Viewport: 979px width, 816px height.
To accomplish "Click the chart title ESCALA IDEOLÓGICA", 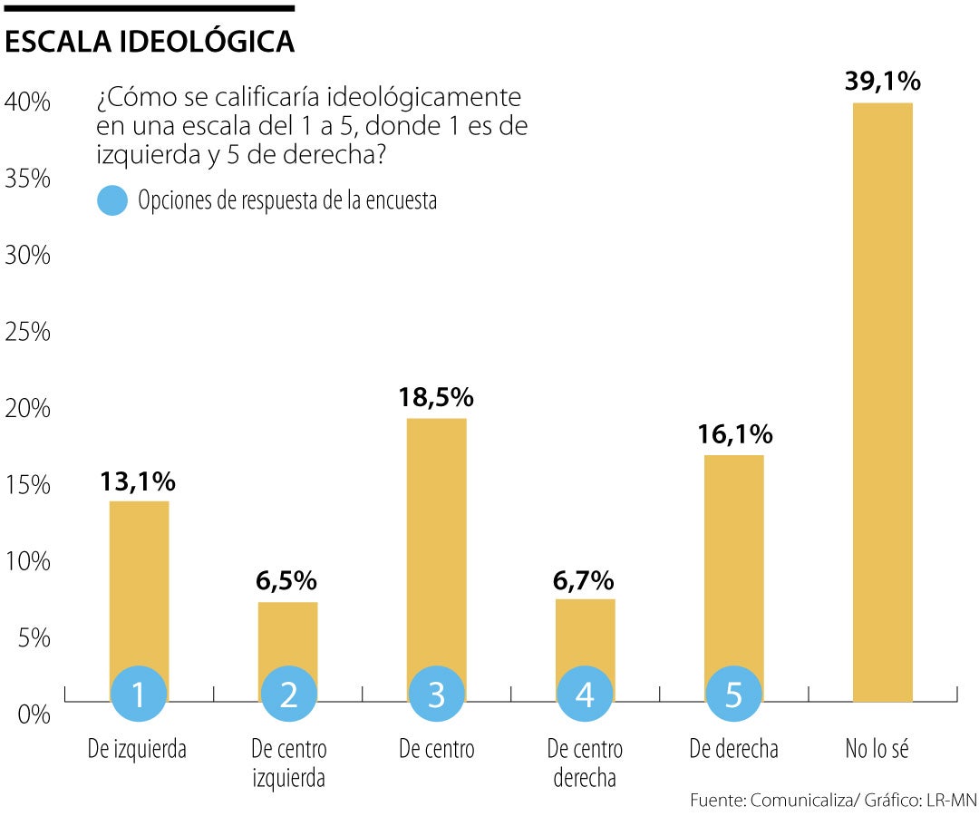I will [150, 42].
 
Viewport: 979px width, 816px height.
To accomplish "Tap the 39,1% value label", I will [882, 82].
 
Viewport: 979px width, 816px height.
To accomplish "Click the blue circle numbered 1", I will [140, 695].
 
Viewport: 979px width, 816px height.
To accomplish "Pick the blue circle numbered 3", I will [437, 695].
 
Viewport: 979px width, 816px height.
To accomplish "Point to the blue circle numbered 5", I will [733, 695].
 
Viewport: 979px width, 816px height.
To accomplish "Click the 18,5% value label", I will [436, 397].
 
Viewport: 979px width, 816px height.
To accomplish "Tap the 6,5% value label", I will [286, 580].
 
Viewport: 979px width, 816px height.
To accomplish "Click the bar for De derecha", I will [733, 562].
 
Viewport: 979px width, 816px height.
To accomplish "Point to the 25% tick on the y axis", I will [27, 332].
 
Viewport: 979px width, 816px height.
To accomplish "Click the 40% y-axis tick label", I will [27, 102].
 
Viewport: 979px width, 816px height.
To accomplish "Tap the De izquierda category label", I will [137, 750].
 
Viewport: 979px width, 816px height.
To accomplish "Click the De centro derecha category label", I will [585, 763].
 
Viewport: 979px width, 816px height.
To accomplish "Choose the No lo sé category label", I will [877, 750].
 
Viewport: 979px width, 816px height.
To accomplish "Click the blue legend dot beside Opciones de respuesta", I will [112, 200].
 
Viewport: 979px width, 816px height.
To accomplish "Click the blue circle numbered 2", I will [288, 695].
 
